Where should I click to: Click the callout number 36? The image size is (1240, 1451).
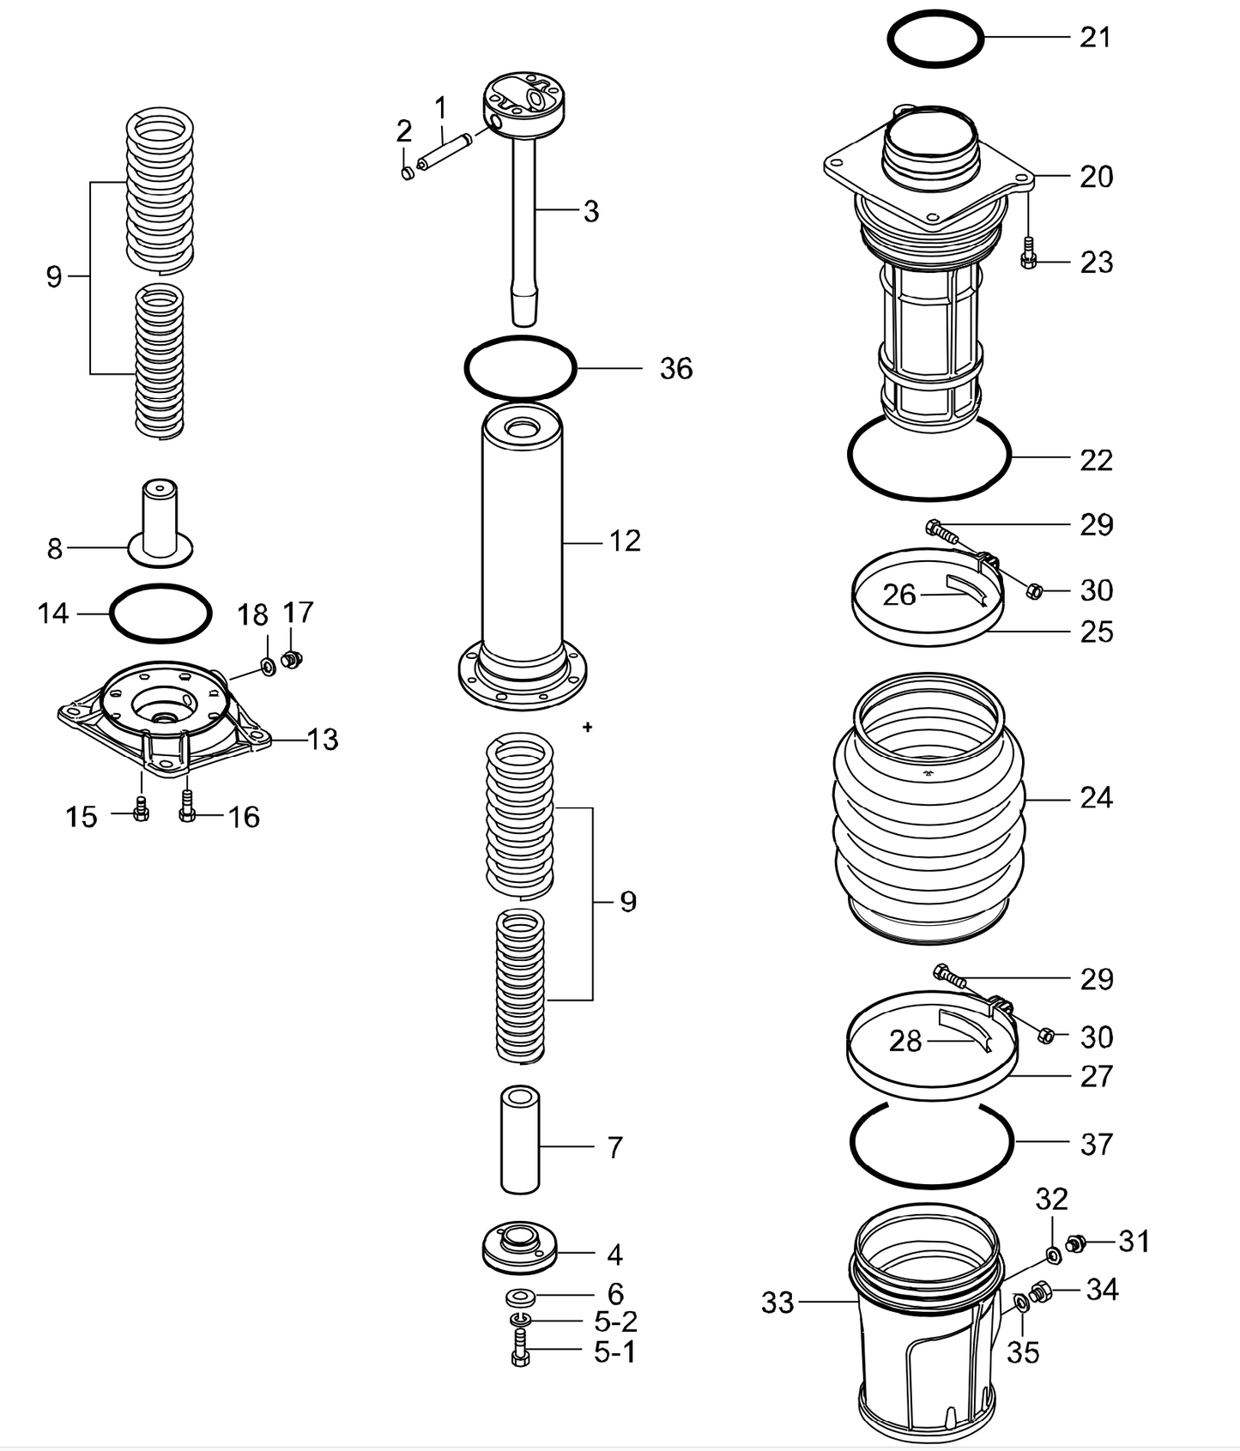tap(675, 369)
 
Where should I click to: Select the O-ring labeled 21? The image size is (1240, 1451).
tap(935, 15)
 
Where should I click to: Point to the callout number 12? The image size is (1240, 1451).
tap(625, 541)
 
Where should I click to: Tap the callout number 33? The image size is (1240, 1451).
tap(777, 1303)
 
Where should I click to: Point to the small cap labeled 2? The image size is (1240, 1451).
tap(408, 173)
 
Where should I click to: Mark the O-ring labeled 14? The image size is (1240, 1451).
tap(160, 588)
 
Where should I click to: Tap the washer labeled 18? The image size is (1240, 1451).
tap(267, 665)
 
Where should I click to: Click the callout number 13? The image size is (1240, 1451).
tap(322, 739)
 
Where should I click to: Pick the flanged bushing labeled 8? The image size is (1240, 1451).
tap(160, 524)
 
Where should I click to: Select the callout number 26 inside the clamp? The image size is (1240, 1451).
tap(898, 595)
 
